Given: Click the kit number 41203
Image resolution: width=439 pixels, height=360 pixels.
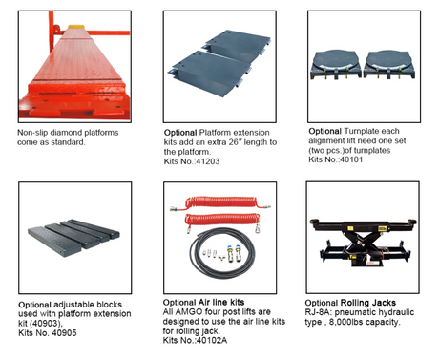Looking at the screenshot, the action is click(208, 161).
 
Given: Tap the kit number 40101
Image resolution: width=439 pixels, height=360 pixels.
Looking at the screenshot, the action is click(351, 159).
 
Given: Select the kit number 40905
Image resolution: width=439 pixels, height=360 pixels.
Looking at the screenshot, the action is click(64, 333).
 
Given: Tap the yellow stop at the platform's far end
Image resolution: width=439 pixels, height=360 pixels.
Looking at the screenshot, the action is click(75, 27).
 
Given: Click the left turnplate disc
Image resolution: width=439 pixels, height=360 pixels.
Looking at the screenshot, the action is click(336, 60).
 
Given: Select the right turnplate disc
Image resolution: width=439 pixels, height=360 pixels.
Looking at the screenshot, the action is click(388, 60).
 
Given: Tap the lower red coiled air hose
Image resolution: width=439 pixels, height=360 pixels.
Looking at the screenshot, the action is click(222, 220).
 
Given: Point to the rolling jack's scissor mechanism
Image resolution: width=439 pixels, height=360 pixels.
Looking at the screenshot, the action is click(364, 243).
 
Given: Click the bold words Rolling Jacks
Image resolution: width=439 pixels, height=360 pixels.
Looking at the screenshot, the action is click(368, 303).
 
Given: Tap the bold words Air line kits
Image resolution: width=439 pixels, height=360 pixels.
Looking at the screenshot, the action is click(221, 302).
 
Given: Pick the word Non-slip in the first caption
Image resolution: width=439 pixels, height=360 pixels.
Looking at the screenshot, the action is click(32, 133).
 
